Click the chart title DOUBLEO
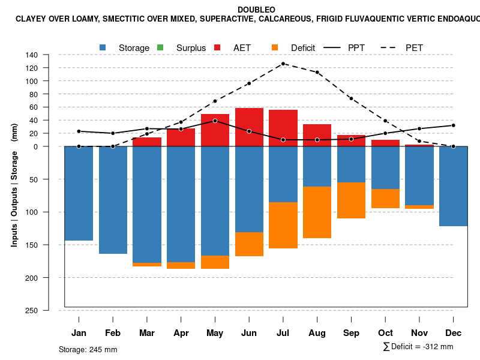click(256, 10)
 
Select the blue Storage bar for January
click(79, 193)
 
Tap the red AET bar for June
click(249, 127)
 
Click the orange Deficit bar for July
click(283, 225)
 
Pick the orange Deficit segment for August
click(317, 212)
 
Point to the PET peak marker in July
click(283, 64)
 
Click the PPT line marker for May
click(215, 121)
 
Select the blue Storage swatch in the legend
click(103, 47)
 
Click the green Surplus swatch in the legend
click(160, 47)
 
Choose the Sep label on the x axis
click(352, 333)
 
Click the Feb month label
click(113, 333)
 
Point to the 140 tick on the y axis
click(32, 55)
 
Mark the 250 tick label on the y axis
click(32, 310)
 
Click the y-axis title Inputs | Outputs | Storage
click(14, 185)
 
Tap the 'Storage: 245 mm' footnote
click(88, 349)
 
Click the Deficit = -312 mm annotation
click(418, 346)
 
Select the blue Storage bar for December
click(454, 186)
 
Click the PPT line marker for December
click(454, 125)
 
